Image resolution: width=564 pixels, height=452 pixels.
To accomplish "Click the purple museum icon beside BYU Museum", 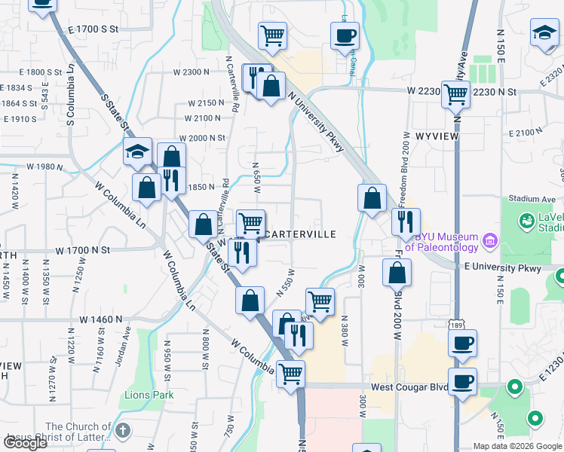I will [x=489, y=242].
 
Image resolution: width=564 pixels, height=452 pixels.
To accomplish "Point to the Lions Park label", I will [x=150, y=395].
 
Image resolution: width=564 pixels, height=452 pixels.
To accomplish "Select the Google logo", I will [x=25, y=442].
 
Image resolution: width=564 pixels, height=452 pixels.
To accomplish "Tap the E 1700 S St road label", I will [x=93, y=29].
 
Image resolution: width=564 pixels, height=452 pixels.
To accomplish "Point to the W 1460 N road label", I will [x=86, y=320].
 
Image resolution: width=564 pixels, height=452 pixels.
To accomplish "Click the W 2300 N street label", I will [x=190, y=72].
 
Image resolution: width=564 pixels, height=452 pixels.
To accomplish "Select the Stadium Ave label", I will [x=527, y=199].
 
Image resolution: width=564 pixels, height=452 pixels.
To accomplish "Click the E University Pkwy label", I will [x=503, y=267].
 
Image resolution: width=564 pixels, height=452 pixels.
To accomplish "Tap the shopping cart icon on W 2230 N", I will [x=455, y=95].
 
